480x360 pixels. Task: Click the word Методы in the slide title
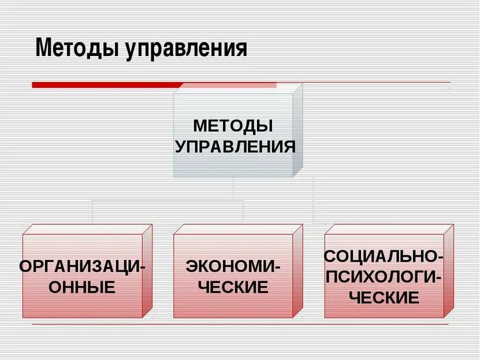77,49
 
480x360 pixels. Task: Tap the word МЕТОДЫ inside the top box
233,125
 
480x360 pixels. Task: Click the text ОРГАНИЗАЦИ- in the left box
83,267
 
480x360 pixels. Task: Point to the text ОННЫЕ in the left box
82,287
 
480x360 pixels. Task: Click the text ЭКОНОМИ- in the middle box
233,267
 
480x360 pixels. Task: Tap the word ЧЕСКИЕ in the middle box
233,287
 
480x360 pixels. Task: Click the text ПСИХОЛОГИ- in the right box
384,276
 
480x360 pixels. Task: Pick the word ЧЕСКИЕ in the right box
384,297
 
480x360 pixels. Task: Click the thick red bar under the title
104,85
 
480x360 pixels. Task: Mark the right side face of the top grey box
297,130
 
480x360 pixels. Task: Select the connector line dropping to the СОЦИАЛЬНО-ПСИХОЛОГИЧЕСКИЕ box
313,202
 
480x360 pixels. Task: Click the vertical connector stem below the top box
233,188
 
